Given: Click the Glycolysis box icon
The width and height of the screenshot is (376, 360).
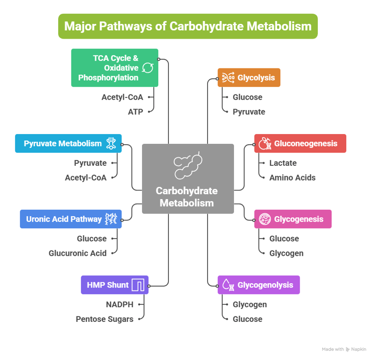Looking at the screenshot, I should click(x=228, y=77).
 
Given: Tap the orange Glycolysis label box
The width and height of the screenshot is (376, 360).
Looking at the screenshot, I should click(x=249, y=77).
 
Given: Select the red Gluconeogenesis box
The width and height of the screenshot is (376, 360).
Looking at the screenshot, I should click(x=300, y=143).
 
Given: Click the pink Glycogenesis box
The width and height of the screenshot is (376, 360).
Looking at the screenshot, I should click(x=293, y=219).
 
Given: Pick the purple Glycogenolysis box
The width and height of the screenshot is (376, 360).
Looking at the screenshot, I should click(x=258, y=285).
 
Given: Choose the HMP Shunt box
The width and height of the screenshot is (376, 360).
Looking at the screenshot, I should click(x=115, y=285).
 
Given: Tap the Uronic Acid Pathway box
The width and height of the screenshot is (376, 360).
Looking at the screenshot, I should click(x=70, y=219).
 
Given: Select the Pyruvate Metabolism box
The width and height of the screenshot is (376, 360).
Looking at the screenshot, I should click(x=68, y=143).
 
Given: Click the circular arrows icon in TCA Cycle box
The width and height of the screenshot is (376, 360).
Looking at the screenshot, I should click(x=147, y=68).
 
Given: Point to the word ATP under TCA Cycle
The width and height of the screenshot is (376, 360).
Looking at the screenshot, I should click(x=136, y=112).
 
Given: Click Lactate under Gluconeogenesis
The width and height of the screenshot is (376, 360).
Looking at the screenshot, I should click(x=283, y=163).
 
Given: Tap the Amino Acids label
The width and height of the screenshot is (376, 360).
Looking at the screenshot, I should click(x=292, y=178).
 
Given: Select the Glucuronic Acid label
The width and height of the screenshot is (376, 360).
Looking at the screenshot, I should click(x=77, y=253).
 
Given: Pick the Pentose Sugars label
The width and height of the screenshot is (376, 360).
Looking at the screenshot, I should click(x=104, y=319).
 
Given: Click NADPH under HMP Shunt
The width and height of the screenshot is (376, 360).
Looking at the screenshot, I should click(x=119, y=304).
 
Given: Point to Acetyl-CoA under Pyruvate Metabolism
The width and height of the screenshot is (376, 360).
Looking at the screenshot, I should click(x=86, y=178).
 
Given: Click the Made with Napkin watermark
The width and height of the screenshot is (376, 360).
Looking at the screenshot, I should click(x=344, y=349).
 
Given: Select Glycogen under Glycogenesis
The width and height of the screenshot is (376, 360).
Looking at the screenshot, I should click(x=286, y=253).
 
